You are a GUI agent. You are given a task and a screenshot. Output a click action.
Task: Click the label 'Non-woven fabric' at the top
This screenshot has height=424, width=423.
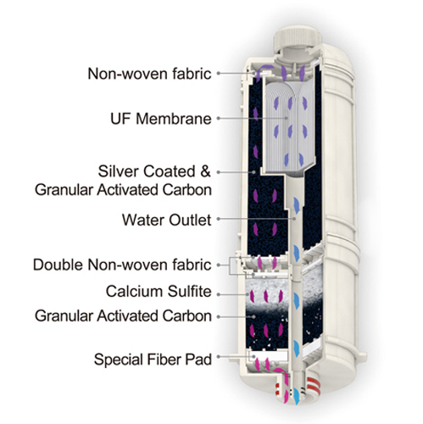pos(149,74)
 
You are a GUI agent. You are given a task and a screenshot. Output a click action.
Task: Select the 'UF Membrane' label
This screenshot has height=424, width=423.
pos(161,119)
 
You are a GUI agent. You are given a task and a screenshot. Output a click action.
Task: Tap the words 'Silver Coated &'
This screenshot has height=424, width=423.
pos(154,171)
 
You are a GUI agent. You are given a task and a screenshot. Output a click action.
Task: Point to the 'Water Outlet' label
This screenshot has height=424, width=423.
pos(166,220)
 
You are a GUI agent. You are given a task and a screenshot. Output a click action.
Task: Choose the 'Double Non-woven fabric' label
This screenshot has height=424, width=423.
pos(122,265)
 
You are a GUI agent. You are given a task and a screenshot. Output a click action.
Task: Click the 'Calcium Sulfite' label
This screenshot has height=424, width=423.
pos(159,292)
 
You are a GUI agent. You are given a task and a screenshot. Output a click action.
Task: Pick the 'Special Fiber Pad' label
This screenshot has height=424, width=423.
pos(153,360)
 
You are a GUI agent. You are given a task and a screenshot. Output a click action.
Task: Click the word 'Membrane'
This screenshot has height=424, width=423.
pos(174,119)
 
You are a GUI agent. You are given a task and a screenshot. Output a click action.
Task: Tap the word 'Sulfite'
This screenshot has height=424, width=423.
pos(189,292)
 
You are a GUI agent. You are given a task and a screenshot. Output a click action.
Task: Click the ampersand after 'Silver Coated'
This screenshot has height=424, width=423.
pos(205,171)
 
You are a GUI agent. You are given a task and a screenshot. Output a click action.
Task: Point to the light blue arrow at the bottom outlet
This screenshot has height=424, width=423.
pos(297,393)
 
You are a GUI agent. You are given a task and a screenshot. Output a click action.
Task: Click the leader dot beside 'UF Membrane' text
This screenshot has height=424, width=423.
pos(219,119)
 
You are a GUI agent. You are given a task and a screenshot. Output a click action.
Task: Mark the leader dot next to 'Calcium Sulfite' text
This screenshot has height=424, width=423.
pos(219,294)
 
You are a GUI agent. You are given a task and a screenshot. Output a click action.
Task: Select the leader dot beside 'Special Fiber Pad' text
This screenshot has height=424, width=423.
pos(219,357)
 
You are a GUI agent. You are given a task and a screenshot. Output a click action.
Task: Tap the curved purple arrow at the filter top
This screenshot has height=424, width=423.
pos(264,70)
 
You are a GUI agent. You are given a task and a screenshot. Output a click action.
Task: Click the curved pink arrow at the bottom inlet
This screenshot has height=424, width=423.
pos(282,380)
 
